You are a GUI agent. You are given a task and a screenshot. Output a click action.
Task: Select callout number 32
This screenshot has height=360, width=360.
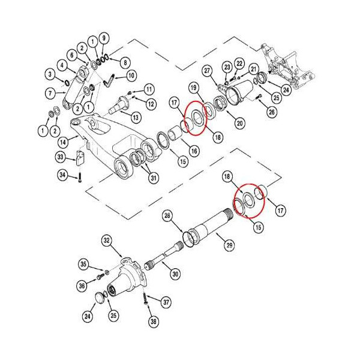(x=107, y=241)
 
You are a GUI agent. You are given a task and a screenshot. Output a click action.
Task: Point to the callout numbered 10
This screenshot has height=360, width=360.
(x=131, y=76)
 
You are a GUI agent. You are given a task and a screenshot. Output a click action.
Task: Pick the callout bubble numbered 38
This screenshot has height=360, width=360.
(x=154, y=322)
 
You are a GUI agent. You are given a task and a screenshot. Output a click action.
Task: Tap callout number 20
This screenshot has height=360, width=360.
(x=239, y=124)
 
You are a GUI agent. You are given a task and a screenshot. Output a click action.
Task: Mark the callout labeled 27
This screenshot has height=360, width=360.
(x=207, y=71)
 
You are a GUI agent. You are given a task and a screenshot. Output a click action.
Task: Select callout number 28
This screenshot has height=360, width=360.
(x=168, y=215)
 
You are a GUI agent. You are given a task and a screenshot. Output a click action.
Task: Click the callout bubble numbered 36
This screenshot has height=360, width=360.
(x=82, y=286)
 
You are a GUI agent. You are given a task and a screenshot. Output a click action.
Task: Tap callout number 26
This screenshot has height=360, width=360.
(x=272, y=111)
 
